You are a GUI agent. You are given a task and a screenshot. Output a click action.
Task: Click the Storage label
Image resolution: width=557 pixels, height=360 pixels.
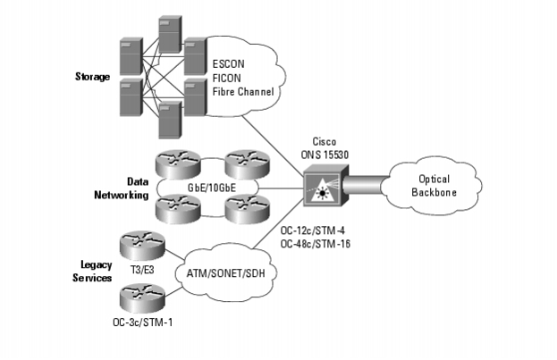coord(92,77)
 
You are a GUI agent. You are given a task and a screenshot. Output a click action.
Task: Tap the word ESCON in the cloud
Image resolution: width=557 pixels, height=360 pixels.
coord(228,64)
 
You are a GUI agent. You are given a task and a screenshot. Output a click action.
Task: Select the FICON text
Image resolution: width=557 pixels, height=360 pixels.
coord(226,78)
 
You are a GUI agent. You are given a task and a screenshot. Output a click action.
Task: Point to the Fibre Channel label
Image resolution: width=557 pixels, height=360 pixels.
coord(243,92)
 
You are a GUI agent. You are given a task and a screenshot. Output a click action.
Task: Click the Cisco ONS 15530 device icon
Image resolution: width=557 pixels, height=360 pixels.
coord(325,185)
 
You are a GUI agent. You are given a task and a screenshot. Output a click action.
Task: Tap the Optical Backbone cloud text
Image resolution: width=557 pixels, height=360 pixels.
coord(434,186)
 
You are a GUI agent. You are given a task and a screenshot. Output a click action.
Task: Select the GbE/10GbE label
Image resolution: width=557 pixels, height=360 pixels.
coord(211,188)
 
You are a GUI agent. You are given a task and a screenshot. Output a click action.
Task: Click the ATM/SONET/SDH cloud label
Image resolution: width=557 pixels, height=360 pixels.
coord(225,273)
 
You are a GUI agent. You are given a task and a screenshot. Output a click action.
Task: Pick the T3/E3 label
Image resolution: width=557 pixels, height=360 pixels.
coord(142,270)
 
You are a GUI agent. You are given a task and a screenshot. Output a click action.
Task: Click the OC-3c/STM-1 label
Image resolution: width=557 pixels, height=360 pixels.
coord(143,322)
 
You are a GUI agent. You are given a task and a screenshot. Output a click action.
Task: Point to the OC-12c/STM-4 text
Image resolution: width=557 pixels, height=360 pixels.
coord(313,230)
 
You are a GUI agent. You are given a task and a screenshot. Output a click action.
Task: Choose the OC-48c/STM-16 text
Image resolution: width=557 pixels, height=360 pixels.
coord(315,244)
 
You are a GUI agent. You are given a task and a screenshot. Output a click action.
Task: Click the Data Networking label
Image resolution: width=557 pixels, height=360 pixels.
coord(121,188)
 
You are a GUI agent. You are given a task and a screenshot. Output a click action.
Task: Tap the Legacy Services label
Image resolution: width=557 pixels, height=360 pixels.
coord(92,272)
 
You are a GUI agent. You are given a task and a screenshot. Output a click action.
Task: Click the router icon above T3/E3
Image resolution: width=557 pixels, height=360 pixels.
coord(142,246)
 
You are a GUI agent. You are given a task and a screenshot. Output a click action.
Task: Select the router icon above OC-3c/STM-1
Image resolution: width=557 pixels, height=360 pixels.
coord(142,298)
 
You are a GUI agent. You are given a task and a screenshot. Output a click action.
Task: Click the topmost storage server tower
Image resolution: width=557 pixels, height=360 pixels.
coord(170,34)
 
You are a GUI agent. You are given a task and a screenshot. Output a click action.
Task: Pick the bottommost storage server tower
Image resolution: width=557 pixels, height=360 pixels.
coord(170,120)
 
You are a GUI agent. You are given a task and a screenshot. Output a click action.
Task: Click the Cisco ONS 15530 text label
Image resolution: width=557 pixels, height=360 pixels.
coord(325,148)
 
